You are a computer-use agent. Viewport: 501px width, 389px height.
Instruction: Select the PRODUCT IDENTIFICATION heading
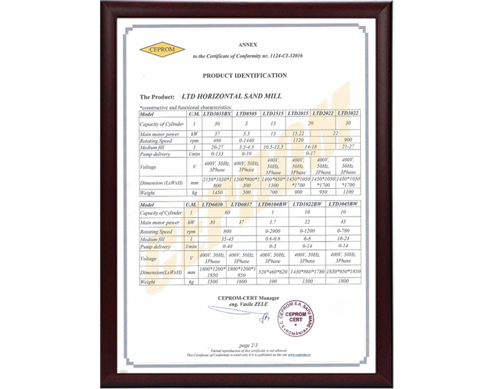pos(245,75)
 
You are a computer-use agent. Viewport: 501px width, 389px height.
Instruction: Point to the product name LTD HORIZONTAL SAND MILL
pos(231,95)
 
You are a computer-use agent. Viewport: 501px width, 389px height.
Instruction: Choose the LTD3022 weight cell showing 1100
pos(348,192)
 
